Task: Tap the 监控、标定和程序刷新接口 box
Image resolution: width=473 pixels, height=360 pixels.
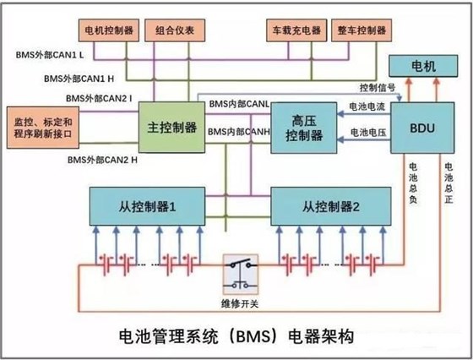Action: pyautogui.click(x=43, y=127)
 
